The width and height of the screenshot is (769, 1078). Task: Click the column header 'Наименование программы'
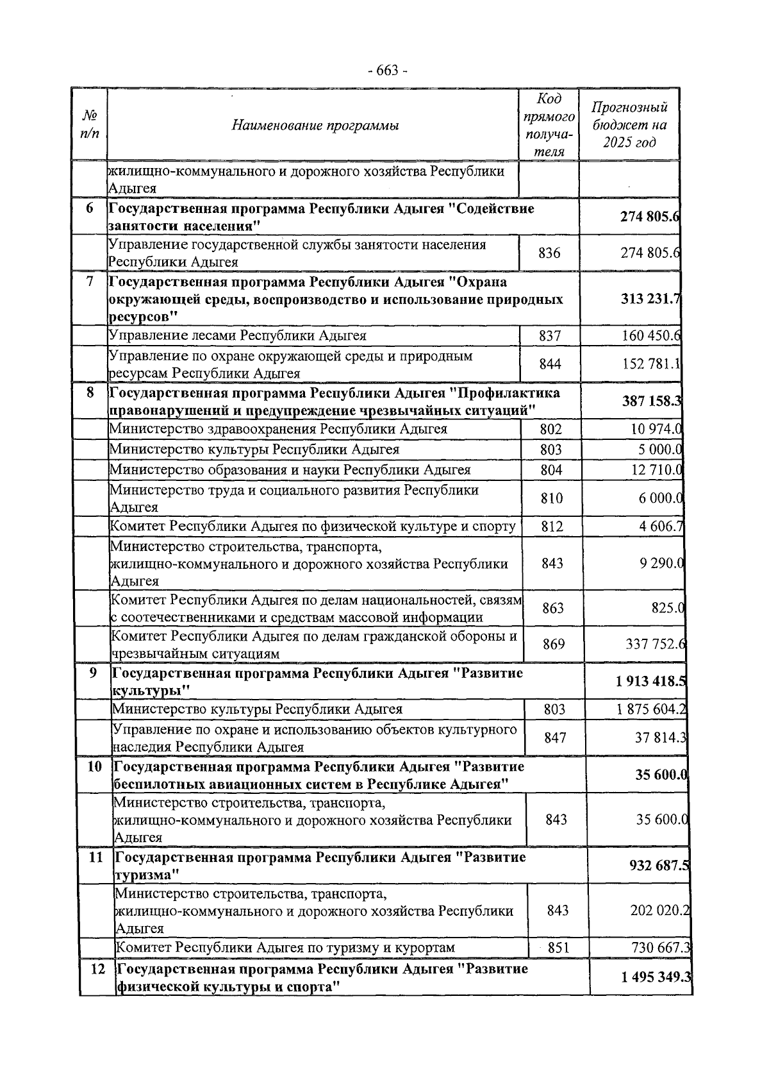pyautogui.click(x=315, y=126)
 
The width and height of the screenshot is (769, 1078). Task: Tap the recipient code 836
pyautogui.click(x=549, y=253)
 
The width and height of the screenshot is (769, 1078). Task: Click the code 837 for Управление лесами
pyautogui.click(x=550, y=336)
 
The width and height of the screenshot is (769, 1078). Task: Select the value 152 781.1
pyautogui.click(x=651, y=364)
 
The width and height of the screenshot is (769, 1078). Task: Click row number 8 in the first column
pyautogui.click(x=90, y=392)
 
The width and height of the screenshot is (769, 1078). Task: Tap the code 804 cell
pyautogui.click(x=551, y=470)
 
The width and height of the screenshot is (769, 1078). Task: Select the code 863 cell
pyautogui.click(x=553, y=608)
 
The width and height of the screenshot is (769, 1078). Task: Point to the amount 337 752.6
pyautogui.click(x=654, y=644)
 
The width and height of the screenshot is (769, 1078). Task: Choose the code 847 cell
pyautogui.click(x=555, y=737)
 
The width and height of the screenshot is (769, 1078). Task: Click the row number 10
pyautogui.click(x=95, y=766)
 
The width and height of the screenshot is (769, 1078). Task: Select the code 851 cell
pyautogui.click(x=559, y=947)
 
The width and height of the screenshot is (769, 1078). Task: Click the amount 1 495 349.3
pyautogui.click(x=656, y=977)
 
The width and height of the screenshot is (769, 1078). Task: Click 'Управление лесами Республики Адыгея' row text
pyautogui.click(x=238, y=335)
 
